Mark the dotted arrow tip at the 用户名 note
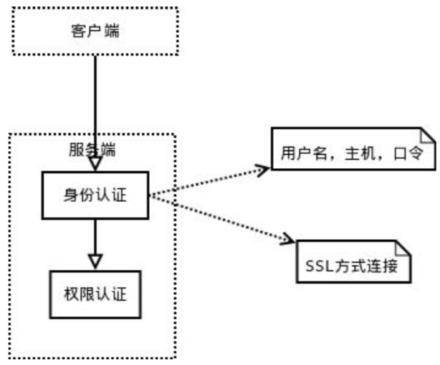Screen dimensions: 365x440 [x=264, y=167]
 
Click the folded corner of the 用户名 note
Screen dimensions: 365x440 [x=428, y=135]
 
